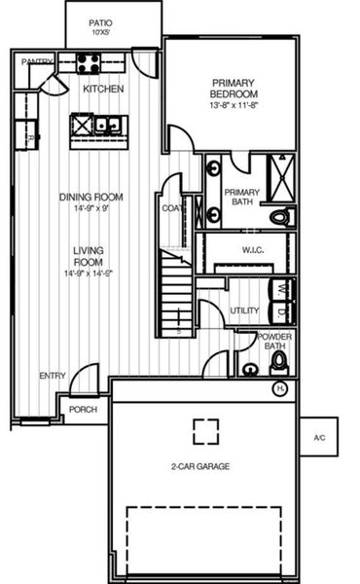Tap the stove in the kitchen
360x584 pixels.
89,64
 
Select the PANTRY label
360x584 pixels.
37,60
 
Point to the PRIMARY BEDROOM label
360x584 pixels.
233,88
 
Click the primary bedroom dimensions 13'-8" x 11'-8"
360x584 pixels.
233,104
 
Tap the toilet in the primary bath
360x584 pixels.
280,216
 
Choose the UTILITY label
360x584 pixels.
243,310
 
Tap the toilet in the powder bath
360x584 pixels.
279,362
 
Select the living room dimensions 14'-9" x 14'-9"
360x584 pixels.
89,274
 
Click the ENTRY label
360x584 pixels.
52,376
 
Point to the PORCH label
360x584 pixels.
83,410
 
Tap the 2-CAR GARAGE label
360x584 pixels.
199,466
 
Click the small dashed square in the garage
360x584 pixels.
205,429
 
